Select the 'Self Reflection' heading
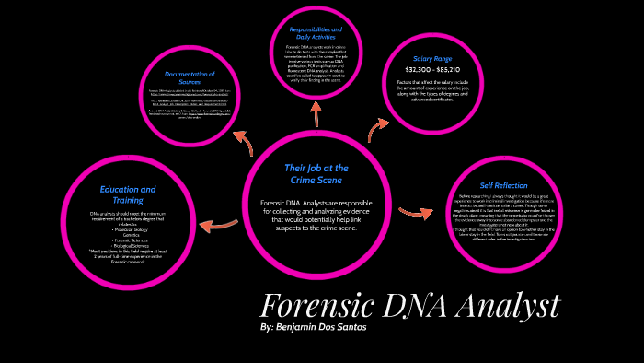click(x=503, y=185)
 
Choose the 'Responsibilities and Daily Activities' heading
click(x=316, y=35)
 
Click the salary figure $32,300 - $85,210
click(x=433, y=69)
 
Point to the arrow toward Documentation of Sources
click(x=243, y=141)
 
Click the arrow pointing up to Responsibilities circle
click(x=316, y=112)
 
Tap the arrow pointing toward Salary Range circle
click(x=377, y=128)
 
